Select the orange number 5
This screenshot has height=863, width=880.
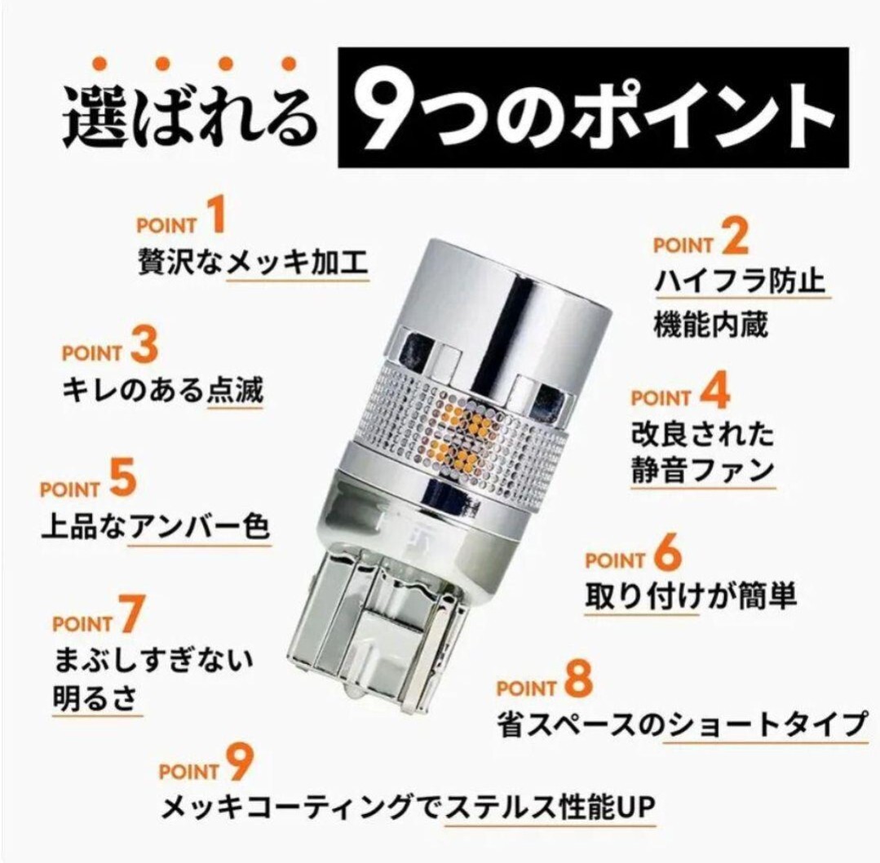[x=123, y=478]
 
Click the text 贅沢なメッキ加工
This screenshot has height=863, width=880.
[x=253, y=262]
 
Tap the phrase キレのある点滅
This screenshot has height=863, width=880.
[x=162, y=390]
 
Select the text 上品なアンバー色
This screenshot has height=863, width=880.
[x=156, y=526]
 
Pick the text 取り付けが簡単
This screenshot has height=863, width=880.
[x=690, y=595]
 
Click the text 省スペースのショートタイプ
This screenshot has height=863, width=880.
[x=682, y=724]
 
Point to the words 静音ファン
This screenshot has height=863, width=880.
[x=703, y=470]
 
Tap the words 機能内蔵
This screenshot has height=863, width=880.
[x=710, y=324]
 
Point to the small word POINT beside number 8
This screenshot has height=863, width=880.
[x=526, y=688]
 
